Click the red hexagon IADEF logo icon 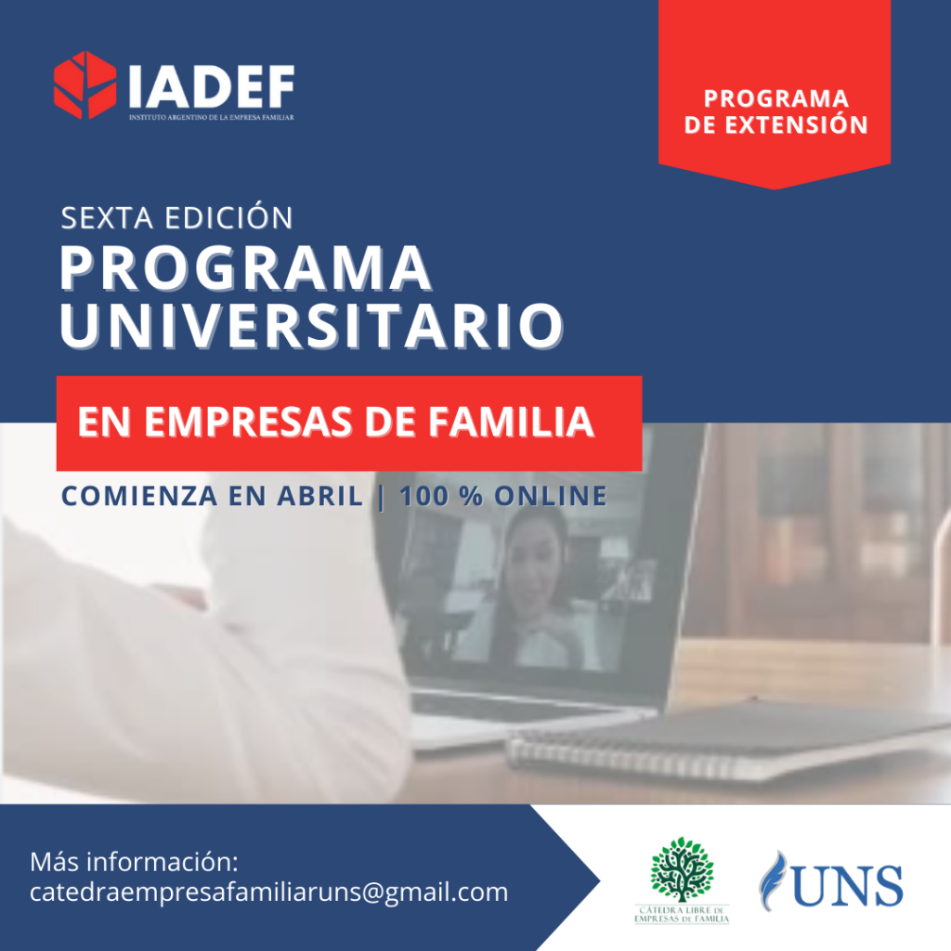pyautogui.click(x=85, y=85)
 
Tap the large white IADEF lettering pyautogui.click(x=212, y=86)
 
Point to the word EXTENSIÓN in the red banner pyautogui.click(x=796, y=124)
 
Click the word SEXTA pyautogui.click(x=107, y=218)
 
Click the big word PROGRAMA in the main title pyautogui.click(x=245, y=268)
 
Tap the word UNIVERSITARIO pyautogui.click(x=312, y=326)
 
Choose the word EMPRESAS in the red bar pyautogui.click(x=248, y=423)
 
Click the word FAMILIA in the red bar pyautogui.click(x=512, y=423)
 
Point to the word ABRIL pyautogui.click(x=320, y=496)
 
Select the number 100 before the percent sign pyautogui.click(x=423, y=496)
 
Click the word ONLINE pyautogui.click(x=551, y=496)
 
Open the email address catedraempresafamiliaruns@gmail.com pyautogui.click(x=268, y=892)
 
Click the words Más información pyautogui.click(x=134, y=862)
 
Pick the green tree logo pyautogui.click(x=683, y=869)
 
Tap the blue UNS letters pyautogui.click(x=847, y=886)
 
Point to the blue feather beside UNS pyautogui.click(x=772, y=880)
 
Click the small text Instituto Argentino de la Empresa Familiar pyautogui.click(x=211, y=117)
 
